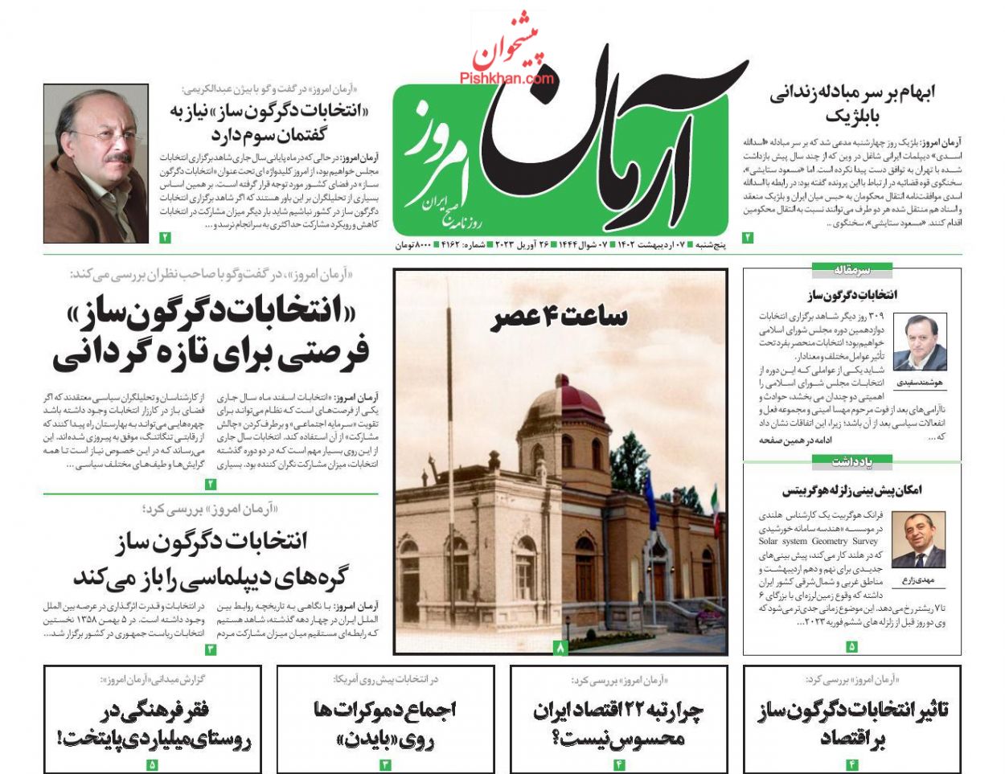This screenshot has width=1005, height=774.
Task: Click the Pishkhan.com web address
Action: (x=507, y=78)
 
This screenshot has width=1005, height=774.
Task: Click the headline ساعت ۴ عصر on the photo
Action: (x=560, y=317)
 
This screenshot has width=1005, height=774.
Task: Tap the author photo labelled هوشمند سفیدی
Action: (x=925, y=342)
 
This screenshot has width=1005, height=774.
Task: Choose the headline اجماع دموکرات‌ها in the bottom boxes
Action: (x=384, y=709)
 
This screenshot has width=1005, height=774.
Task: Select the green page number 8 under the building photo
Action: (x=561, y=647)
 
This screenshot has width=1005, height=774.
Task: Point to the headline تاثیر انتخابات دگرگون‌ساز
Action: (x=852, y=711)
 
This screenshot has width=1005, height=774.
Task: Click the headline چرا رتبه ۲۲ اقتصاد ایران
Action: (x=618, y=711)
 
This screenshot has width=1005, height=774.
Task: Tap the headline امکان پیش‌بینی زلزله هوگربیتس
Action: (x=852, y=489)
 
